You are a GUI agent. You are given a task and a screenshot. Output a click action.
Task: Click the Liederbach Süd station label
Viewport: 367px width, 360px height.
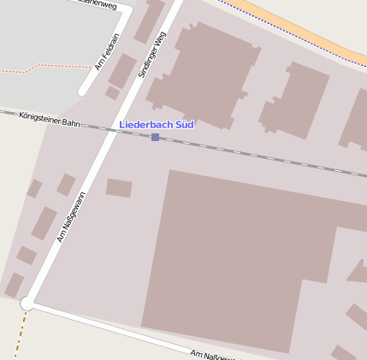click(157, 125)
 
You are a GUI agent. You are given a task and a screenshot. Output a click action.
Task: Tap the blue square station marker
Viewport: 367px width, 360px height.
click(155, 137)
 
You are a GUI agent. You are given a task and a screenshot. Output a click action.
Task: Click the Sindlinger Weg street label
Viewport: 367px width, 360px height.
click(151, 56)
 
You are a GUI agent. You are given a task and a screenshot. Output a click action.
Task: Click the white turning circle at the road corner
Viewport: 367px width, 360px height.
click(27, 303)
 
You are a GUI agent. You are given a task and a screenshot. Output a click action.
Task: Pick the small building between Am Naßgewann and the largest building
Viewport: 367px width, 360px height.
click(119, 187)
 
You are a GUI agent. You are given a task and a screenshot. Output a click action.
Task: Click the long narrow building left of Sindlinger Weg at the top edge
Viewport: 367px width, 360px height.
click(150, 19)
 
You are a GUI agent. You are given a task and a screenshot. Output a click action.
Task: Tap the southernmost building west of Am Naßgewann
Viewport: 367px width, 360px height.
click(14, 285)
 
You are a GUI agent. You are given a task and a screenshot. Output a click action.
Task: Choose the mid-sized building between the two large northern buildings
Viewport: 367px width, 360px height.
click(296, 101)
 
